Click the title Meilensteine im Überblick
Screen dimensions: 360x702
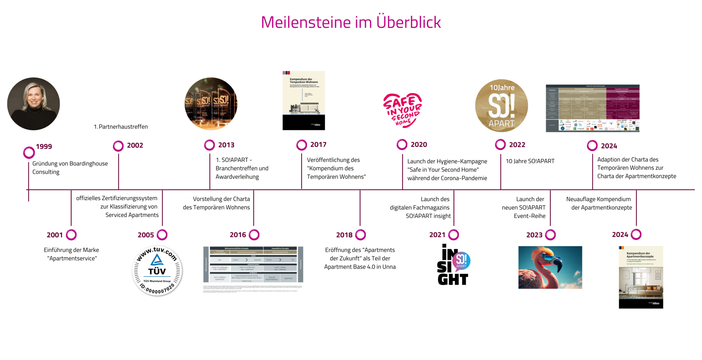(x=351, y=22)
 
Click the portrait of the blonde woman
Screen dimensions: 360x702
(x=34, y=104)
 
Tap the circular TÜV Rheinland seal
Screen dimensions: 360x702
(x=157, y=270)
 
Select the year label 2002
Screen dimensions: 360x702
(x=135, y=145)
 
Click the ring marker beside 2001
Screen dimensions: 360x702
(x=71, y=235)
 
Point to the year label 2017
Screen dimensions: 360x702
(x=318, y=145)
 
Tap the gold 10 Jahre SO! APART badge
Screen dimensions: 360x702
(x=502, y=105)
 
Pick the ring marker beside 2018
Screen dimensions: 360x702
(x=360, y=235)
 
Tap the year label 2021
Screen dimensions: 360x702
(x=437, y=235)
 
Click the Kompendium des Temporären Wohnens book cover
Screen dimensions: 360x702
(x=304, y=100)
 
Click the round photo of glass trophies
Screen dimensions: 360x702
(x=211, y=104)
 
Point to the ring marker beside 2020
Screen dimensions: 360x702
(x=402, y=144)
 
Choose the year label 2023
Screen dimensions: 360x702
(x=534, y=235)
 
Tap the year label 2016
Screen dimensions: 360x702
(x=238, y=235)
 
